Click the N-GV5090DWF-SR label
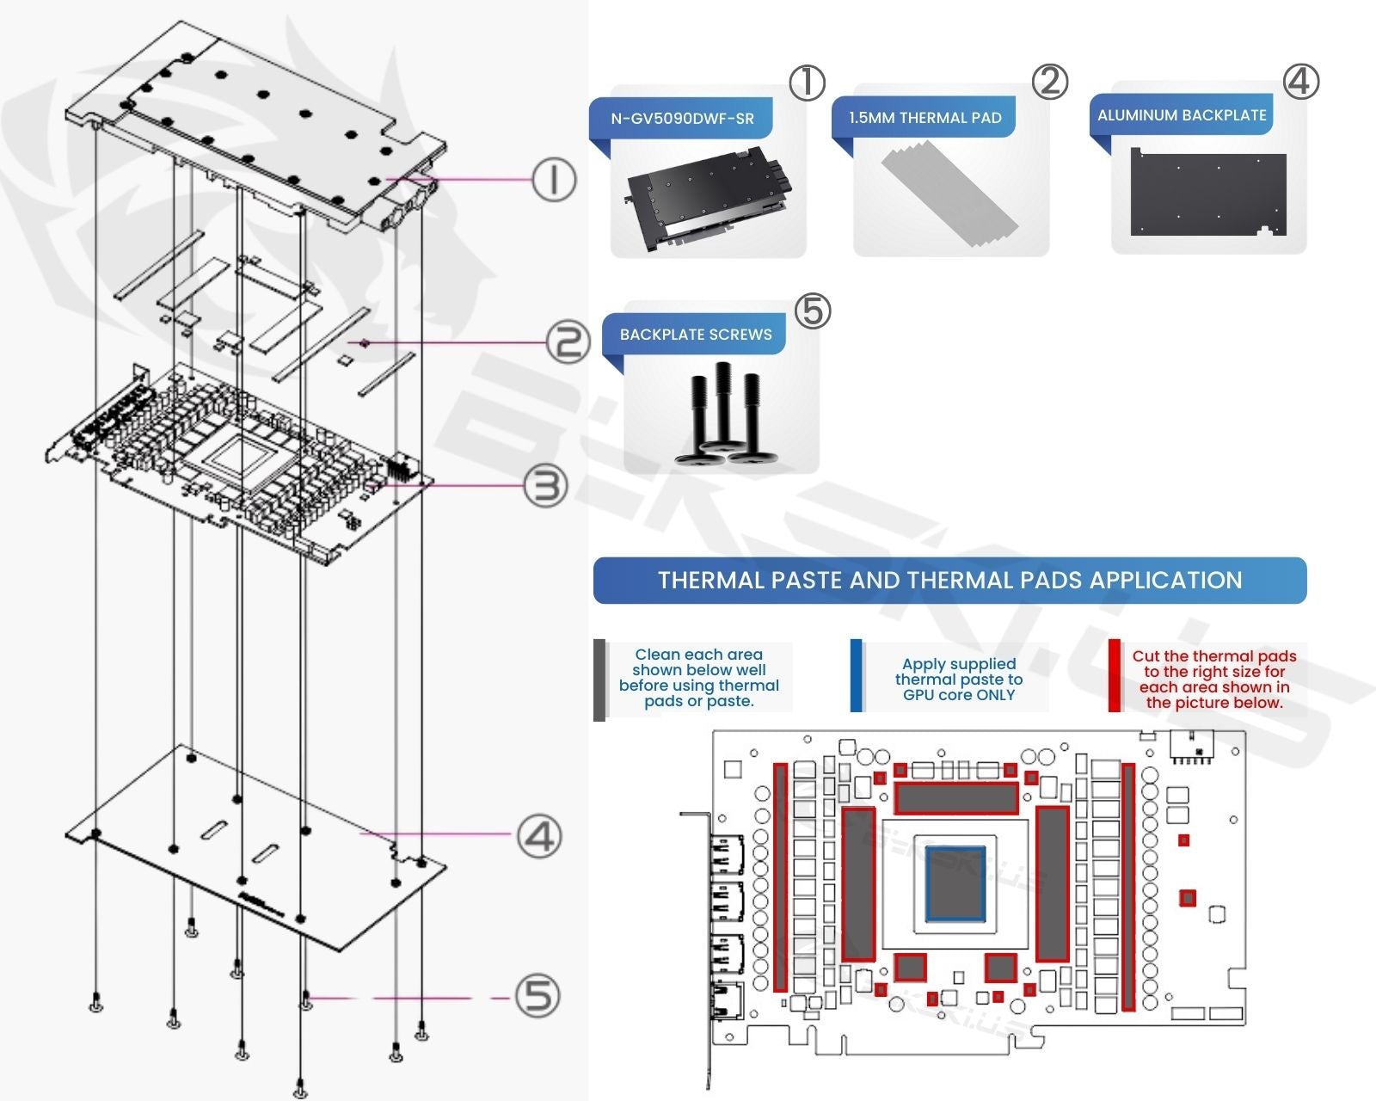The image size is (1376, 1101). click(x=682, y=119)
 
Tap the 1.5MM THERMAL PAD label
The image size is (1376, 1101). click(x=924, y=118)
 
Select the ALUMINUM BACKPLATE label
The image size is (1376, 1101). click(x=1182, y=115)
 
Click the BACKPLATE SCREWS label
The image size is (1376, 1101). click(x=696, y=335)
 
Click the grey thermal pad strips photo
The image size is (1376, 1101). click(x=949, y=196)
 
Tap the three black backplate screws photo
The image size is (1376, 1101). click(x=722, y=413)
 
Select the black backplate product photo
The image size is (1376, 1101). click(x=1208, y=194)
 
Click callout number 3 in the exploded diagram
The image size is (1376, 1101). click(x=546, y=486)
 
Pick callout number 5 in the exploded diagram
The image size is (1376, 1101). click(x=538, y=996)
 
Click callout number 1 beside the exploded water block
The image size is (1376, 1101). click(x=553, y=180)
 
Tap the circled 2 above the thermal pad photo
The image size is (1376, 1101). click(x=1049, y=82)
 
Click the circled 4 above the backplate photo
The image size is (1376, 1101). click(x=1300, y=82)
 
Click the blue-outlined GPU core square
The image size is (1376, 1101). click(x=955, y=883)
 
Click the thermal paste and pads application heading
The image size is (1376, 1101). click(x=949, y=581)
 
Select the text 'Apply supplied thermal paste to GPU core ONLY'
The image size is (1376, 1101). click(x=958, y=679)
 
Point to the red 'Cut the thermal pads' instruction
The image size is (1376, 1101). click(x=1213, y=679)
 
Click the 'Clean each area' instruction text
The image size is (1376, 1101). click(x=698, y=678)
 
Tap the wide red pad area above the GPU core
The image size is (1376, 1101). click(x=956, y=798)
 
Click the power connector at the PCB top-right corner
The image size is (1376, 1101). click(x=1191, y=747)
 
